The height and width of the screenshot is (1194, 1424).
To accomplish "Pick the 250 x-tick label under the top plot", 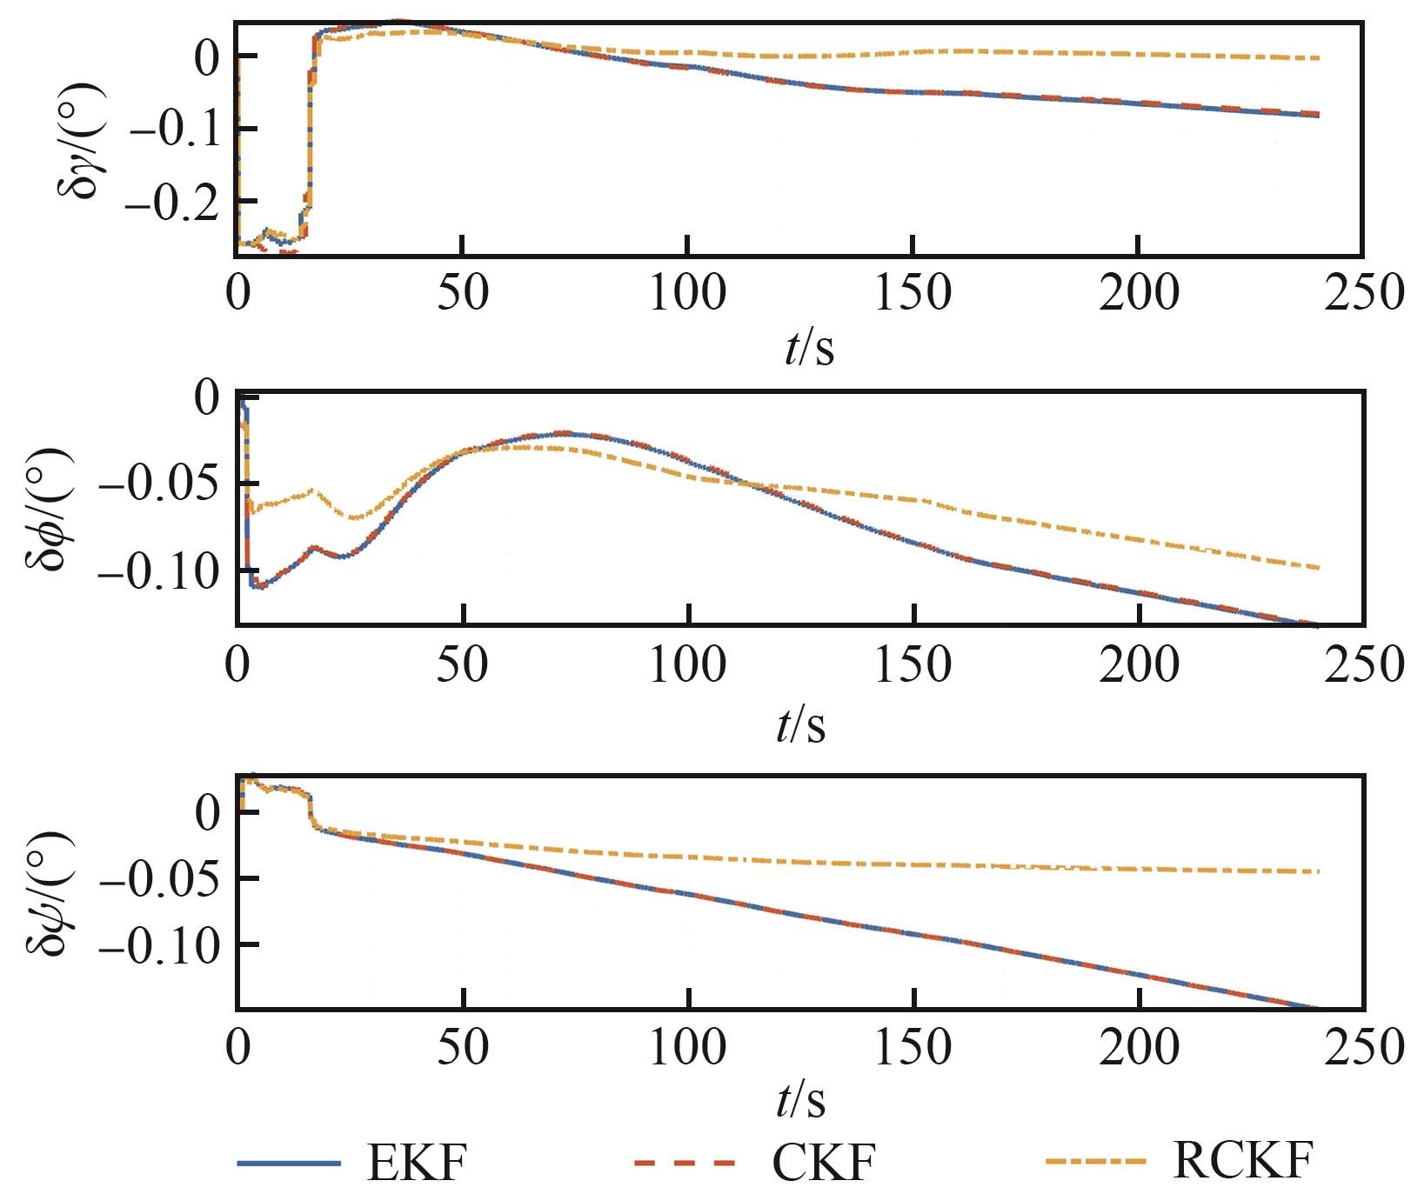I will tap(1363, 293).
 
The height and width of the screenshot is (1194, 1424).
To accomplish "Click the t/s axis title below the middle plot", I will tap(800, 724).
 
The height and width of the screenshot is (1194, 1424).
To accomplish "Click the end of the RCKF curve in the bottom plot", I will tap(1319, 871).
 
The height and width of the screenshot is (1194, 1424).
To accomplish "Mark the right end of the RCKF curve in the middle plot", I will tap(1319, 568).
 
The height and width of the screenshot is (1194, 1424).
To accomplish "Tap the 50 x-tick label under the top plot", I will tap(462, 293).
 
